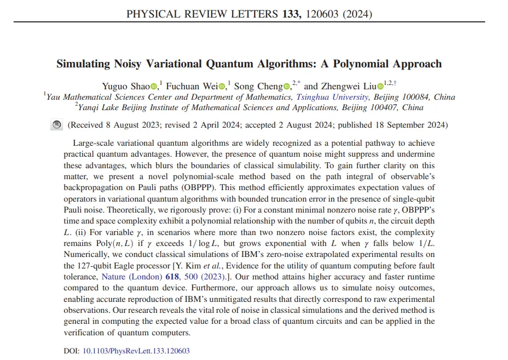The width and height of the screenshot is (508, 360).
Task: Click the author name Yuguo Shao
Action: (x=126, y=86)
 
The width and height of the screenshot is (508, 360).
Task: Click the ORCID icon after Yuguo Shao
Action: (x=154, y=86)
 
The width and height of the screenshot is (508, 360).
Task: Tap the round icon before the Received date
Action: (x=56, y=125)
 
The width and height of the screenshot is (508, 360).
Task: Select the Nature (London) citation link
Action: (x=131, y=277)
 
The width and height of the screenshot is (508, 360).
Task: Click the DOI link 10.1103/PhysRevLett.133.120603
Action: (x=136, y=351)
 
